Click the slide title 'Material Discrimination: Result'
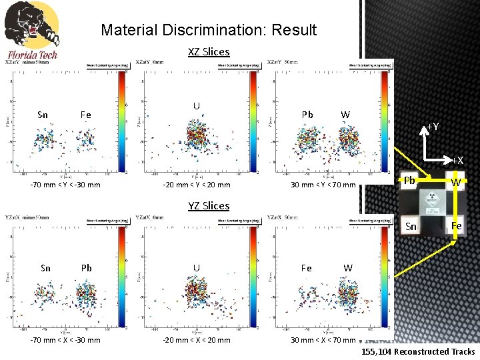[x=209, y=30]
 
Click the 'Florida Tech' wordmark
[x=33, y=55]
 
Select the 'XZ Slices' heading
[x=209, y=51]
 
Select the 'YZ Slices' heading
[x=209, y=205]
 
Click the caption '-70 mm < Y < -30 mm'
[x=65, y=185]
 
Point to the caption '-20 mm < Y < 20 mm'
[x=198, y=185]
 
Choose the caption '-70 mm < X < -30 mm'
[x=65, y=339]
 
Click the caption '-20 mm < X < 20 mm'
[x=198, y=339]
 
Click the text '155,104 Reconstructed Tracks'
[x=419, y=351]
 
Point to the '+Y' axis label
[x=433, y=127]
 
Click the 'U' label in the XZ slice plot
[x=196, y=105]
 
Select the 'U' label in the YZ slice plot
[x=196, y=268]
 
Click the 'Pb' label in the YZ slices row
[x=86, y=268]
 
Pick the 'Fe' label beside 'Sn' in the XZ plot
[x=86, y=114]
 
